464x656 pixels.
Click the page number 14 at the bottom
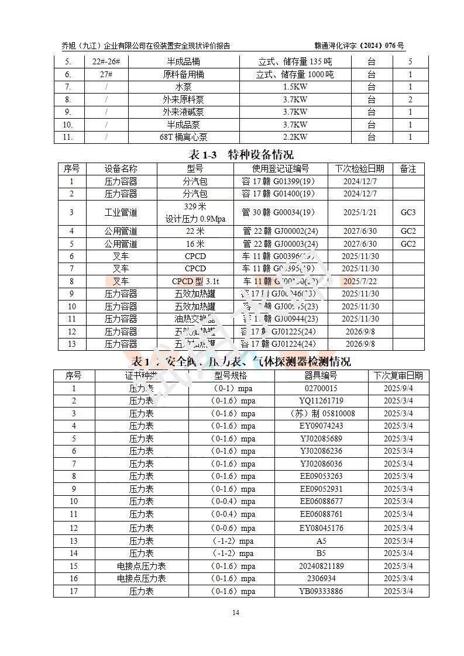point(236,613)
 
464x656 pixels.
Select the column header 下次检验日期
point(360,168)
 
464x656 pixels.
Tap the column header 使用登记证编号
point(280,168)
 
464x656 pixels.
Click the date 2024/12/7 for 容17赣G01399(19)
point(360,181)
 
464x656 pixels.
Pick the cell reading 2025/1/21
point(360,212)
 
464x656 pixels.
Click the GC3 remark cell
point(408,212)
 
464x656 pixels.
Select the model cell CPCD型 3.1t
point(195,281)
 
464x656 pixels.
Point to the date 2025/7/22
point(360,281)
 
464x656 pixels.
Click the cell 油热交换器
point(195,319)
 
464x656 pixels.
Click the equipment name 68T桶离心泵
point(183,137)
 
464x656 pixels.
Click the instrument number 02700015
point(321,388)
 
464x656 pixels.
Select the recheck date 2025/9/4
point(398,388)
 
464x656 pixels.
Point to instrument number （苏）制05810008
point(321,413)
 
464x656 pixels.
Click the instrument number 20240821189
point(321,566)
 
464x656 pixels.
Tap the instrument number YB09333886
point(321,591)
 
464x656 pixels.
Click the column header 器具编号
point(321,375)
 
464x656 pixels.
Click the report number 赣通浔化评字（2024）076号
point(359,46)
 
